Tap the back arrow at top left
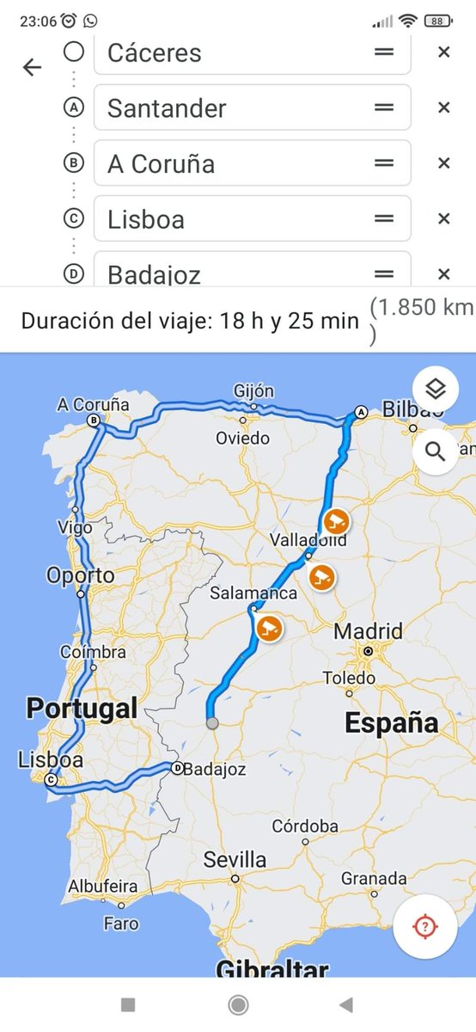pos(32,67)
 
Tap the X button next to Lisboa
pos(443,218)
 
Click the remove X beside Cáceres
pos(443,52)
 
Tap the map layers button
pos(436,390)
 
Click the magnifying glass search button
pos(436,451)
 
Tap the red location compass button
pos(424,926)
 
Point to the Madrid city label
pos(368,632)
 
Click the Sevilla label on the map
pos(235,859)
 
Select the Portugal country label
pos(82,709)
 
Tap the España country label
pos(391,723)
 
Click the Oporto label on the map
pos(80,575)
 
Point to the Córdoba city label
pos(305,826)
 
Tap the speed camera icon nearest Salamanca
pos(269,629)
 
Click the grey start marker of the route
pos(212,723)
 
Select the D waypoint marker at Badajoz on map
pos(177,768)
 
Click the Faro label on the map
pos(120,924)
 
